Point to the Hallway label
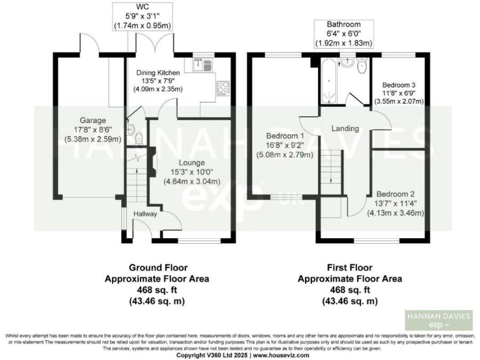tap(145, 214)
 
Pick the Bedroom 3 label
tap(398, 84)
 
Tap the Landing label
tap(345, 129)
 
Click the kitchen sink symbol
tap(202, 62)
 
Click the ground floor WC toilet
tap(130, 131)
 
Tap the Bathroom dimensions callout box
tap(346, 34)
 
